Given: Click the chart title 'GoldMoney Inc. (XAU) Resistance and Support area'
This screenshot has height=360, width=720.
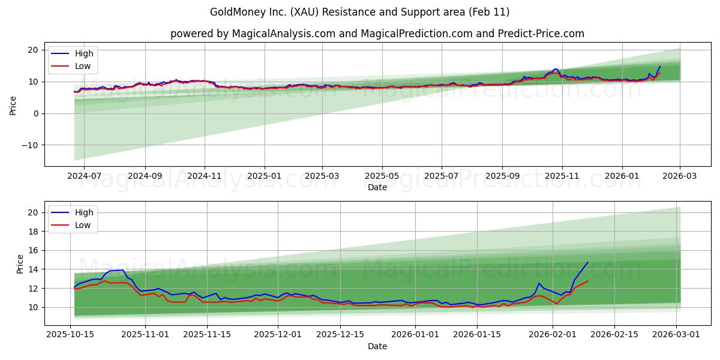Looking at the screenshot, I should [359, 12].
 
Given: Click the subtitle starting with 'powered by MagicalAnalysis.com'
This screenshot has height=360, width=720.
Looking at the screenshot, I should [377, 34].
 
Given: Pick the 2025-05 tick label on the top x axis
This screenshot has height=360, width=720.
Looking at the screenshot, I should [382, 176].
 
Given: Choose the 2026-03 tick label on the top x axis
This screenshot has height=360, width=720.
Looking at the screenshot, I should [680, 176].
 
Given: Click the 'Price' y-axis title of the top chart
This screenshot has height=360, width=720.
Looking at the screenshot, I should [13, 106].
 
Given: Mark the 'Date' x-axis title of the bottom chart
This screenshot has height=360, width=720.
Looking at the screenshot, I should [377, 346].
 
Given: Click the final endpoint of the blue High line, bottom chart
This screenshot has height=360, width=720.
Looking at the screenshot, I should [587, 262].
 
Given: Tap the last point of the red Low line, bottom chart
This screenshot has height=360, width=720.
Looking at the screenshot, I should [587, 281].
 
